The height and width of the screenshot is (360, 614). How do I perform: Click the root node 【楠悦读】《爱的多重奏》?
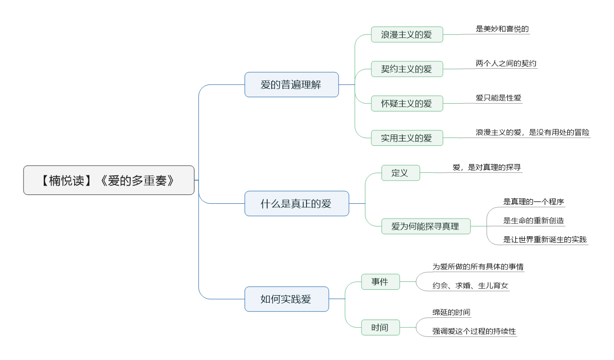point(109,180)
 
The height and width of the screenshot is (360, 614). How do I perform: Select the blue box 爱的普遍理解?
point(292,84)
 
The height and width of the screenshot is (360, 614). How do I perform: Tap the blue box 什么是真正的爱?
point(297,203)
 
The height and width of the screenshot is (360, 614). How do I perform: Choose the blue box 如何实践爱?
point(287,299)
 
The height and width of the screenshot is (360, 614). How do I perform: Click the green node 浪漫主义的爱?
point(407,34)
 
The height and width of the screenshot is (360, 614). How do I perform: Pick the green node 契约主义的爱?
point(407,69)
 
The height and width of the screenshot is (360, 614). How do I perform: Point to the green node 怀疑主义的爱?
point(407,103)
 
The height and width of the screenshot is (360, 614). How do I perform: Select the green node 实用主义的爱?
point(407,138)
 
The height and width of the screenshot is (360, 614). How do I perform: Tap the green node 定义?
point(400,172)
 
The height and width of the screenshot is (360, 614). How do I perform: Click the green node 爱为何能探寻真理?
point(426,226)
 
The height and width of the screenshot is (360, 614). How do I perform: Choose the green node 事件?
point(381,281)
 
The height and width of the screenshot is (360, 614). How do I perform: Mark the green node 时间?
point(381,327)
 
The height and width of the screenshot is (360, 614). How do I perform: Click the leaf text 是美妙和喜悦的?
point(502,29)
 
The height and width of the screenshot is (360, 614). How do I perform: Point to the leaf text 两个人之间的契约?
point(506,63)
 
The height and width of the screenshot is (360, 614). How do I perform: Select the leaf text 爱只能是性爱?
point(499,98)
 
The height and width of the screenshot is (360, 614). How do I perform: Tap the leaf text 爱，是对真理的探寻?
point(487,167)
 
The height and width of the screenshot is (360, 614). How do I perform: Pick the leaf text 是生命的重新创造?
point(533,221)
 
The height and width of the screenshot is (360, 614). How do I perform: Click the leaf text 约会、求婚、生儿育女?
point(471,285)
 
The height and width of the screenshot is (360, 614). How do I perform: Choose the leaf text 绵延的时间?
point(451,312)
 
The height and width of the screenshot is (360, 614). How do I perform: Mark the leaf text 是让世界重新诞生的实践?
point(545,240)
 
